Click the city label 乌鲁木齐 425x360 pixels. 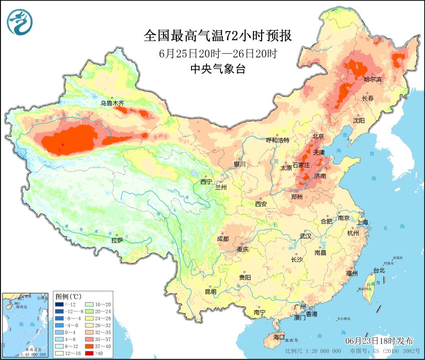(111, 103)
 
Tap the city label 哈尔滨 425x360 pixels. (372, 79)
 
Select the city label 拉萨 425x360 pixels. (117, 241)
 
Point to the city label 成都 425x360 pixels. (223, 239)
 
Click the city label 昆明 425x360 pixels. (210, 292)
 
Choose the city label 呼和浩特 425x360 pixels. (278, 140)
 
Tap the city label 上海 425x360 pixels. (362, 222)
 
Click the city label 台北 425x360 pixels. (378, 270)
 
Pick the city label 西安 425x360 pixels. (261, 204)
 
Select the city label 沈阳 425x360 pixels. (358, 120)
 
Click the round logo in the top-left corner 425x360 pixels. (20, 22)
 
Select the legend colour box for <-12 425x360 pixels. (60, 304)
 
